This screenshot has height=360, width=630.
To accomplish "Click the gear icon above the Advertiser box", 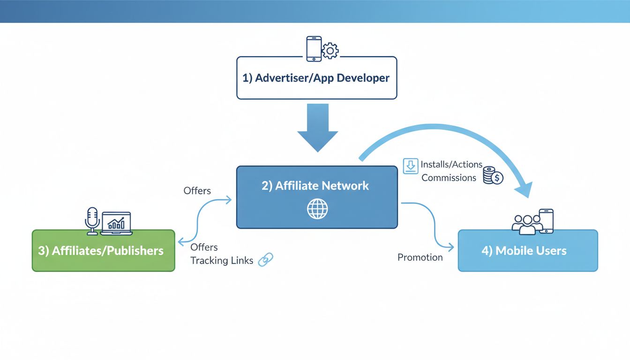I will [330, 50].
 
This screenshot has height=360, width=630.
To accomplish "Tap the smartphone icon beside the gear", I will [314, 48].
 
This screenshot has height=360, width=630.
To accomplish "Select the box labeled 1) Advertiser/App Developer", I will [316, 78].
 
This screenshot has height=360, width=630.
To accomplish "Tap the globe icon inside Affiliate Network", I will [317, 209].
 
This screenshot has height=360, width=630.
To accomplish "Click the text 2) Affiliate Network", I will [315, 186].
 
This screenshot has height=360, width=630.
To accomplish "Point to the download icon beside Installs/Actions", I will [410, 166].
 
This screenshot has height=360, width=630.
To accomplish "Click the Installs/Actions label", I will [451, 165].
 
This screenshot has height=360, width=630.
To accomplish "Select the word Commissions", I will [449, 178].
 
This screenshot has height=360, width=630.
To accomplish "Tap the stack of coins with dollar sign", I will [493, 175].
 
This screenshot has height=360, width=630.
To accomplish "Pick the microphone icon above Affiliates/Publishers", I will [92, 220].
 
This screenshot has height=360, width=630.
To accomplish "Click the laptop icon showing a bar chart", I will [116, 223].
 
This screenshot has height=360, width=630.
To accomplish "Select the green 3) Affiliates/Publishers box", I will [103, 251].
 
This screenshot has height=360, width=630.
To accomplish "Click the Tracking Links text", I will [222, 261].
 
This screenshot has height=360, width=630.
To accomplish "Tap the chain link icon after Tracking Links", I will [266, 259].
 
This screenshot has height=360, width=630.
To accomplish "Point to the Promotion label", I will [420, 257].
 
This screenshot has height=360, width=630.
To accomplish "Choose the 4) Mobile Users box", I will [527, 251].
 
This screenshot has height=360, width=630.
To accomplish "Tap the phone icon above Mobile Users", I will [547, 221].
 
